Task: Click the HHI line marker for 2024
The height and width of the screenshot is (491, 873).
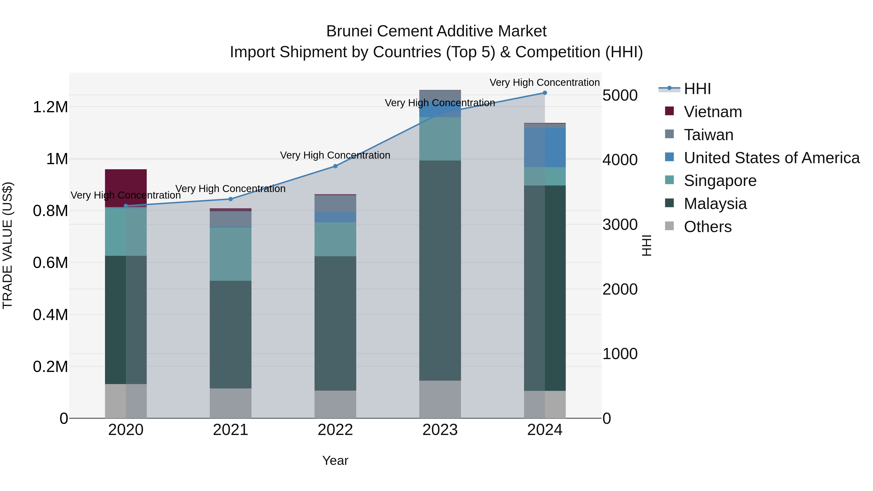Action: click(545, 93)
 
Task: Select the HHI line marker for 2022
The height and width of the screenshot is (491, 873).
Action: click(335, 166)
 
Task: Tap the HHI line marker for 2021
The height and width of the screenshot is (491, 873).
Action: click(230, 199)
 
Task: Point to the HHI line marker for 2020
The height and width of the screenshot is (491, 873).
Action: click(126, 206)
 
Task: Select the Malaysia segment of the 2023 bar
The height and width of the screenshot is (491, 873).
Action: click(440, 270)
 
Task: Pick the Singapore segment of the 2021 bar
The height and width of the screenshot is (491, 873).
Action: click(230, 254)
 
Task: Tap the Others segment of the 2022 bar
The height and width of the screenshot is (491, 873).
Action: click(335, 404)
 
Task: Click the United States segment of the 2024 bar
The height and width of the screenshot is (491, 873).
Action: click(545, 147)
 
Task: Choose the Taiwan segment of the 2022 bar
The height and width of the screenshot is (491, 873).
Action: click(335, 204)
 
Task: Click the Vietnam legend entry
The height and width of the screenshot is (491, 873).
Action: click(713, 112)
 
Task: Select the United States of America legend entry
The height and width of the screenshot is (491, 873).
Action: click(772, 158)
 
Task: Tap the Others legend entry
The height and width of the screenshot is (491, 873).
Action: click(708, 227)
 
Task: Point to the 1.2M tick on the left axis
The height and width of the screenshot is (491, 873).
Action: click(50, 107)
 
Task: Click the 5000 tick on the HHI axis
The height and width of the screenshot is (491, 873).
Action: click(620, 95)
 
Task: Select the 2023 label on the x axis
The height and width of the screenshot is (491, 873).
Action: click(440, 430)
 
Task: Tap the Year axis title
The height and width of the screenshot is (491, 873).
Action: click(335, 460)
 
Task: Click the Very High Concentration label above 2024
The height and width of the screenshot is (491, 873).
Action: click(545, 82)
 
